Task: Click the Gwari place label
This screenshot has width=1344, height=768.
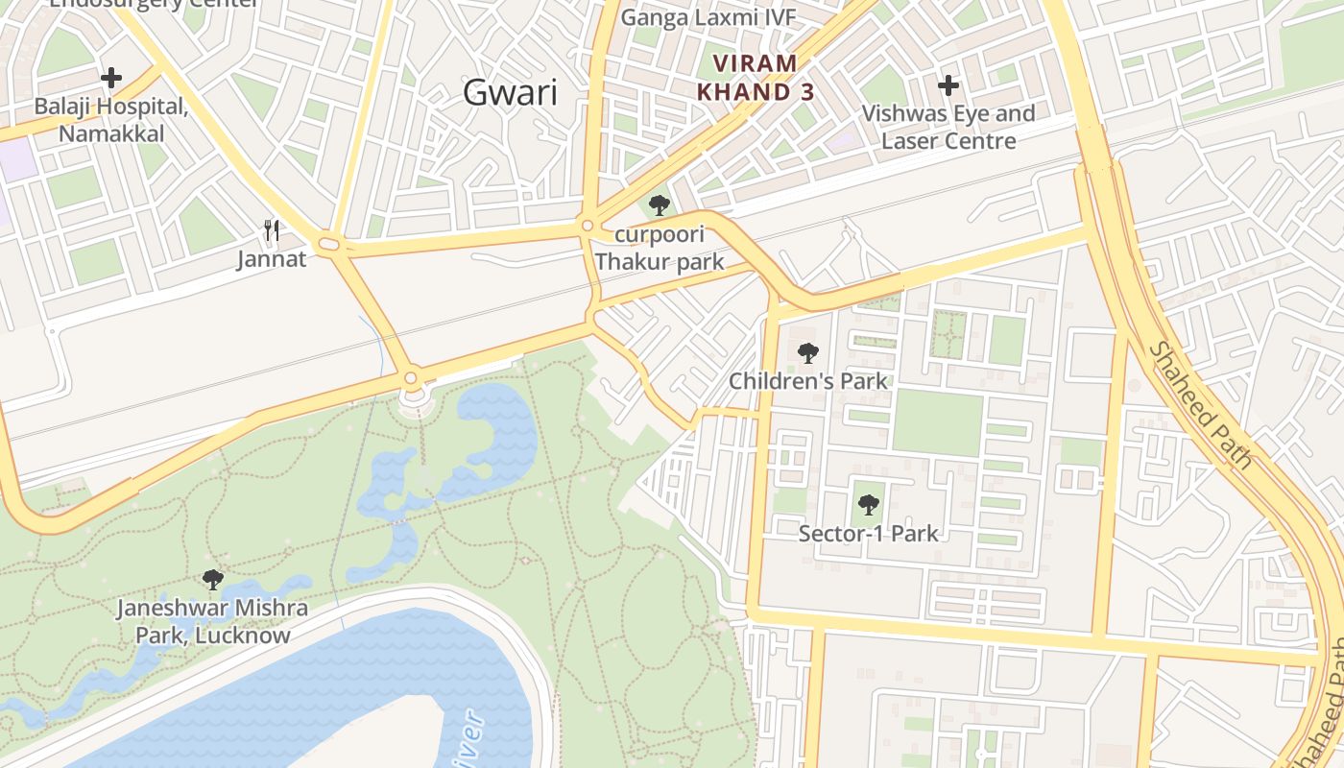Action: [510, 92]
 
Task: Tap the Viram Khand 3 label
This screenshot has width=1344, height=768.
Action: [756, 78]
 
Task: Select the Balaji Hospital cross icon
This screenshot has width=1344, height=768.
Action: [111, 78]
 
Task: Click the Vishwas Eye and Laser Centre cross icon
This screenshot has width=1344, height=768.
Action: [948, 85]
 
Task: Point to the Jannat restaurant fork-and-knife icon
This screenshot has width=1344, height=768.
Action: [272, 230]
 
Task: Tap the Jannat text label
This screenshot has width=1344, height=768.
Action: [272, 259]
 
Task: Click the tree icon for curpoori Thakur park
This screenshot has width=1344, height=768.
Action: [659, 205]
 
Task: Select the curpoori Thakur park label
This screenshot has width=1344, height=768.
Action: [660, 248]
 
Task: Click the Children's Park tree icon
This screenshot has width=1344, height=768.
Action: [808, 353]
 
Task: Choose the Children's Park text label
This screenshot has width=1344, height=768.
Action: [808, 381]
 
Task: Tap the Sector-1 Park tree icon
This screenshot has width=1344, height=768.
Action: [868, 504]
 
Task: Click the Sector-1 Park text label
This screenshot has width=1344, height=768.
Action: [868, 533]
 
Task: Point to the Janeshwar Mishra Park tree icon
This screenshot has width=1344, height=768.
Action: [213, 580]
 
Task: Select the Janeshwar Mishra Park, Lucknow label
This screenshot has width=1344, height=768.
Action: [212, 621]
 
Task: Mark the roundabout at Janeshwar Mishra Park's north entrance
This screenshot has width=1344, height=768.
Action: [411, 378]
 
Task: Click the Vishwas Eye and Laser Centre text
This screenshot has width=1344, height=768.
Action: [948, 127]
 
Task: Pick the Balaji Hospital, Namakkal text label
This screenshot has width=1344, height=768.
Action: [111, 119]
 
